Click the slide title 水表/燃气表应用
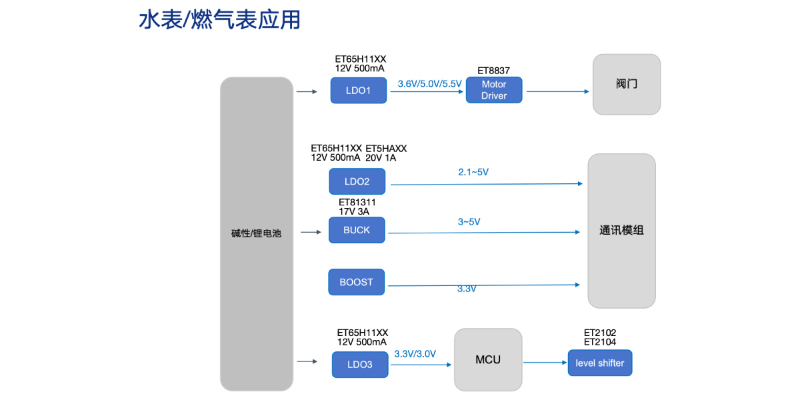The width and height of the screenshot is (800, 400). point(219,20)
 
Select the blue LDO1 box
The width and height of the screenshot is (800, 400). point(359,90)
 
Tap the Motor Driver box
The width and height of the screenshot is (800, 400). point(494,90)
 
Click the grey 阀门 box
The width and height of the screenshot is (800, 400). point(627,85)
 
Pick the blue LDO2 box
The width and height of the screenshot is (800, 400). point(357,181)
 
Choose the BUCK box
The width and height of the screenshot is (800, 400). point(357,230)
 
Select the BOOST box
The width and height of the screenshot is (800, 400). point(357,282)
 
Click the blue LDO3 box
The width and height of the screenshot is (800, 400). point(359,365)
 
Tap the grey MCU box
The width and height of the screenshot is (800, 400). point(488,360)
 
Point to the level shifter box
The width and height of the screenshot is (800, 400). point(600,363)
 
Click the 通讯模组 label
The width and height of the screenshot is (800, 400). point(621,231)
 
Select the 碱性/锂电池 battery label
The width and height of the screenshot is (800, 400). point(257,233)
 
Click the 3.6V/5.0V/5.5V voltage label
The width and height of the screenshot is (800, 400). point(429,84)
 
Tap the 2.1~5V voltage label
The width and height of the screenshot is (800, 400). point(473,172)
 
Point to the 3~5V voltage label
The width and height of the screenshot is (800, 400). point(469,221)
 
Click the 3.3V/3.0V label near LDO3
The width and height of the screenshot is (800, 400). point(415,354)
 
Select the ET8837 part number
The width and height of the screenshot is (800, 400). point(494,70)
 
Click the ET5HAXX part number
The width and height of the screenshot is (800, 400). point(386,148)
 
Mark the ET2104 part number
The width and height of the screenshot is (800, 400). point(600,342)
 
